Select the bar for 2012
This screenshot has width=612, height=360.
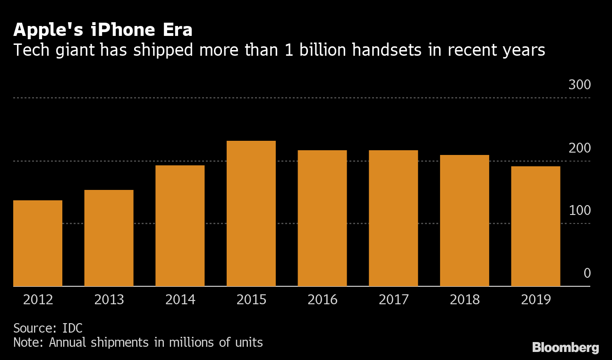pyautogui.click(x=38, y=243)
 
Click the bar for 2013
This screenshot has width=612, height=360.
pyautogui.click(x=109, y=238)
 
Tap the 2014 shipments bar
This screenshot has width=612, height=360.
pyautogui.click(x=180, y=226)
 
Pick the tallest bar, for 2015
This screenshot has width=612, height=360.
pyautogui.click(x=251, y=214)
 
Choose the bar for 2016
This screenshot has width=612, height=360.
pyautogui.click(x=322, y=218)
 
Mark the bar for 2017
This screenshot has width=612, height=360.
pyautogui.click(x=393, y=218)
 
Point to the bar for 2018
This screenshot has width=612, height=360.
pyautogui.click(x=465, y=221)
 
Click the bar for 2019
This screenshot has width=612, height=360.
pyautogui.click(x=535, y=226)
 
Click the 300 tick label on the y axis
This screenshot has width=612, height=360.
pyautogui.click(x=579, y=86)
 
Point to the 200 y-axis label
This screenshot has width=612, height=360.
pyautogui.click(x=579, y=148)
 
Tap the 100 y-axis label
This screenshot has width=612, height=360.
pyautogui.click(x=579, y=211)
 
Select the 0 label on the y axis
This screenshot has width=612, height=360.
pyautogui.click(x=587, y=274)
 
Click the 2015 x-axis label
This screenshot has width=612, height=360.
pyautogui.click(x=251, y=300)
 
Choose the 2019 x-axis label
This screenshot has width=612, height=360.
pyautogui.click(x=535, y=300)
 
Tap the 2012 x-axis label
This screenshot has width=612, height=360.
pyautogui.click(x=38, y=300)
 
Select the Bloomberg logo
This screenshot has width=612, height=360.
pyautogui.click(x=565, y=348)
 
